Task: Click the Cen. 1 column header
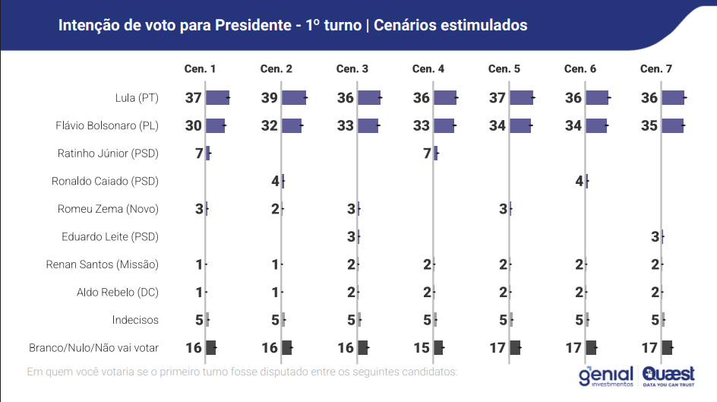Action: [201, 69]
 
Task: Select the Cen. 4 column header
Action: [428, 69]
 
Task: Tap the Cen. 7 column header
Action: [656, 69]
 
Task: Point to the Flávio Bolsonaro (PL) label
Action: [107, 125]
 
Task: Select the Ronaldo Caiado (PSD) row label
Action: [105, 181]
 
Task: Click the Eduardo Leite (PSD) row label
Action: [110, 236]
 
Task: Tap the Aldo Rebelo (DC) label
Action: [118, 292]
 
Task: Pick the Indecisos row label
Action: [135, 320]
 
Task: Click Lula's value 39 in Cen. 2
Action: [270, 98]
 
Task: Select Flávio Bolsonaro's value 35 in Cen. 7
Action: [649, 125]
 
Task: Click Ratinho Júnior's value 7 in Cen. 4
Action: [427, 154]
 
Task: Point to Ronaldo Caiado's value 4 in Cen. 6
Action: [579, 181]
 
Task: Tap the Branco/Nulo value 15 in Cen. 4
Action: [422, 347]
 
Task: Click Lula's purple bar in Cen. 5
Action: [521, 97]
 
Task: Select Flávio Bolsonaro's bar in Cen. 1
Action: [215, 125]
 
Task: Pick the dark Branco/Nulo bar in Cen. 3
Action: [362, 347]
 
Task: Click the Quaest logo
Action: [668, 375]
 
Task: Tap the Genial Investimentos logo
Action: [605, 376]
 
